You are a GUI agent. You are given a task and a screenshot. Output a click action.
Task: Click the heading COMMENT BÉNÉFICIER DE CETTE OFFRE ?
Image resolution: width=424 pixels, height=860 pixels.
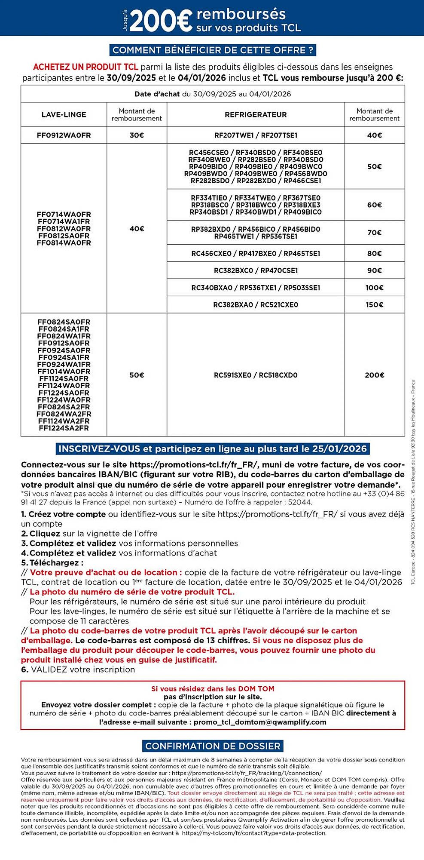(213, 50)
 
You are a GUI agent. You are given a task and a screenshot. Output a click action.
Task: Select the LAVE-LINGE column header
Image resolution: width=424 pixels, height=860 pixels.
(64, 115)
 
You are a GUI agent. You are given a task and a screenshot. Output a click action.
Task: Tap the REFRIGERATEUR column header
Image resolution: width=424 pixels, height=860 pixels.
(256, 115)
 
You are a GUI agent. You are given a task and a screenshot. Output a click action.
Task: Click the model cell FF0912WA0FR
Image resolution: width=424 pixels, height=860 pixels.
(64, 135)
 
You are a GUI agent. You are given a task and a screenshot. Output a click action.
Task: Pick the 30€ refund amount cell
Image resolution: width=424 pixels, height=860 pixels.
(137, 135)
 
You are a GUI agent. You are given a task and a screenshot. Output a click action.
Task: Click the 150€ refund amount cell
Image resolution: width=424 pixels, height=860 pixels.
(374, 304)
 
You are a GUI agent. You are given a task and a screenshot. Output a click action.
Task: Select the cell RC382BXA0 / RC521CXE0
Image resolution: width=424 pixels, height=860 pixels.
(256, 304)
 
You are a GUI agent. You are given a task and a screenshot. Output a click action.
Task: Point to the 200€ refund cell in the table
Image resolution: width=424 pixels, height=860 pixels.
(374, 375)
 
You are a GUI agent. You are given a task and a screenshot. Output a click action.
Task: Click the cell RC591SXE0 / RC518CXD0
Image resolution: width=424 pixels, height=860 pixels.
(256, 375)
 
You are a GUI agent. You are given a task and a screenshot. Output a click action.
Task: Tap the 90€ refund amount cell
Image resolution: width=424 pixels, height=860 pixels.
(374, 270)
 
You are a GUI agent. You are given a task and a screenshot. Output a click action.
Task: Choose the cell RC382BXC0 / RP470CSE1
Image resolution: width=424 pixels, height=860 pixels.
(256, 270)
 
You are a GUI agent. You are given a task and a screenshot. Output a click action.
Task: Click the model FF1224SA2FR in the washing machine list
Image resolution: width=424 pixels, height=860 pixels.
(64, 428)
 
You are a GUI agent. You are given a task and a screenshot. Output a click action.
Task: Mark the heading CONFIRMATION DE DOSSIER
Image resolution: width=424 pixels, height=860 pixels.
(213, 746)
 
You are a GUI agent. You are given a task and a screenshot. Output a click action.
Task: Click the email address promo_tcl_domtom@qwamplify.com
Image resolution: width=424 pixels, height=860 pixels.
(260, 722)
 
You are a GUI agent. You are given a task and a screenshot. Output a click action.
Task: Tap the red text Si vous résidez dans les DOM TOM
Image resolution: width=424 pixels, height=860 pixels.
(213, 688)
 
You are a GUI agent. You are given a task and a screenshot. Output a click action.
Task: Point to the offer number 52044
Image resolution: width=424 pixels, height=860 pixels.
(301, 502)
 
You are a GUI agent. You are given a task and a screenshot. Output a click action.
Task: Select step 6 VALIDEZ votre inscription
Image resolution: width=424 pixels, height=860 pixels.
(78, 670)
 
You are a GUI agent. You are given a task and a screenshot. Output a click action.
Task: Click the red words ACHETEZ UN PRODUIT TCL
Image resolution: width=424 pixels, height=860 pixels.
(85, 67)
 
